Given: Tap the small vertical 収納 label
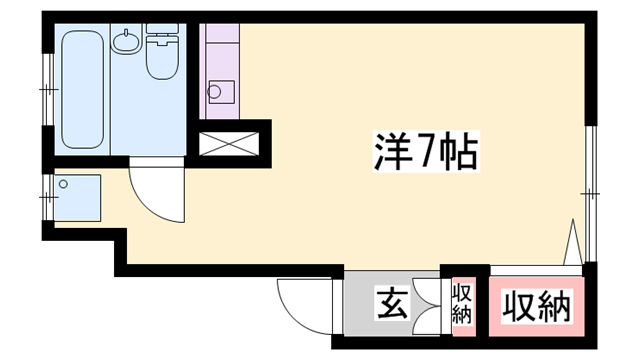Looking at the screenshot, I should pyautogui.click(x=462, y=304).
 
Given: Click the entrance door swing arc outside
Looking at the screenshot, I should pyautogui.click(x=305, y=300).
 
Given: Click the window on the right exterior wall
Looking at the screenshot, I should pyautogui.click(x=590, y=190).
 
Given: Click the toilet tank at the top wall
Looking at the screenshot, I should pyautogui.click(x=160, y=40).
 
